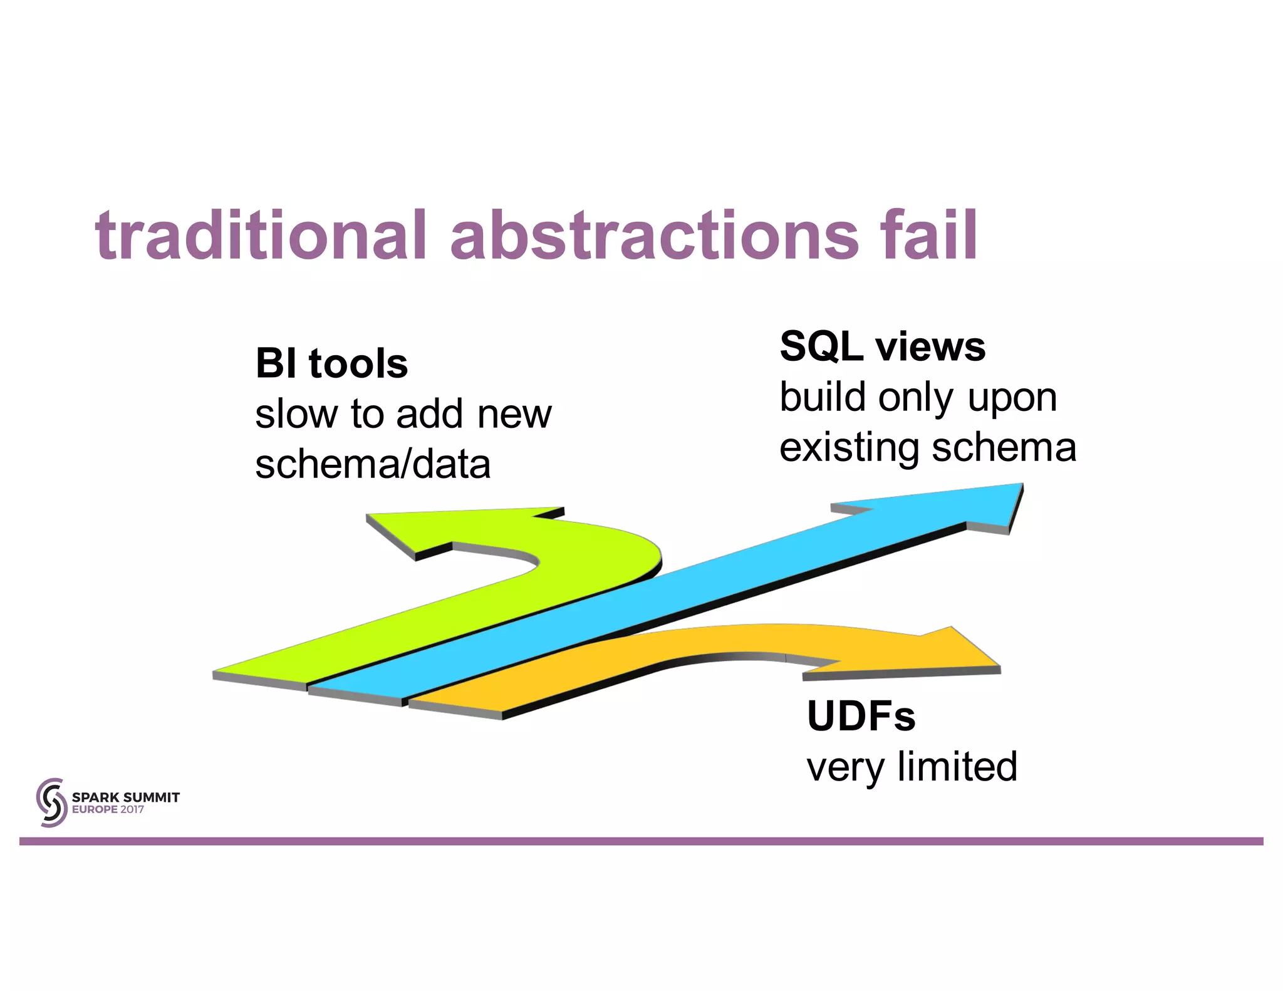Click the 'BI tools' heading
click(x=331, y=363)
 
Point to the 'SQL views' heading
click(x=882, y=346)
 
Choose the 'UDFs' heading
click(x=861, y=716)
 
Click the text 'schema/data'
click(x=373, y=465)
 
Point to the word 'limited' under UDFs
click(x=957, y=767)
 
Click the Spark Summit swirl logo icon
click(x=51, y=802)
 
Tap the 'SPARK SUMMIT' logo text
click(x=125, y=797)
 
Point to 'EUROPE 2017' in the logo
click(x=108, y=809)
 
